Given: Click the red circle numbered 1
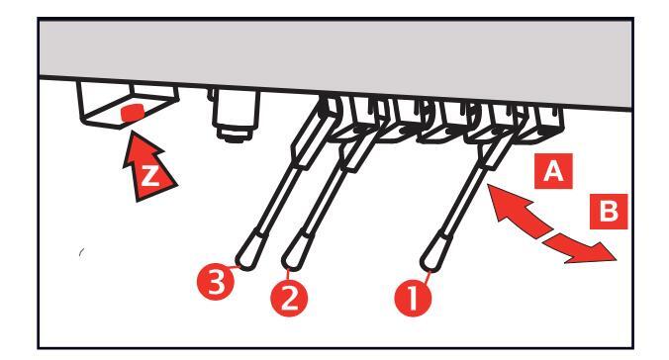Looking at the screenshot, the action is pyautogui.click(x=413, y=298).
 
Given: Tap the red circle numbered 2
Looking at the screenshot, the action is pyautogui.click(x=289, y=298).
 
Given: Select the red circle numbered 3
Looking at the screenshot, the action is pyautogui.click(x=216, y=282).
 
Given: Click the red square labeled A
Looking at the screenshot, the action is pyautogui.click(x=553, y=171).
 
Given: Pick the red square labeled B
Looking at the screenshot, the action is pyautogui.click(x=609, y=212).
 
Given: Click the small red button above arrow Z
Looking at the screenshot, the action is pyautogui.click(x=133, y=112).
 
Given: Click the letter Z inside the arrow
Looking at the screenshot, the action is pyautogui.click(x=148, y=175).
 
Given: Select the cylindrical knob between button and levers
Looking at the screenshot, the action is pyautogui.click(x=235, y=114).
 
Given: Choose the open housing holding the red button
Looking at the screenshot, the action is pyautogui.click(x=128, y=105).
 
